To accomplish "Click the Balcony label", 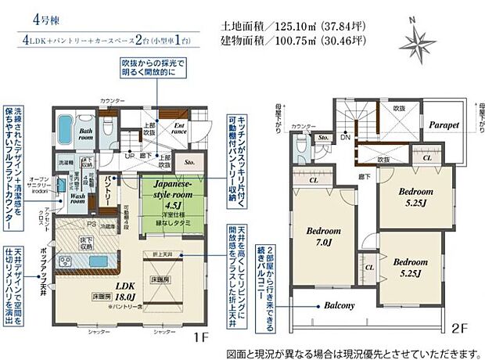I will coord(336,305).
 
